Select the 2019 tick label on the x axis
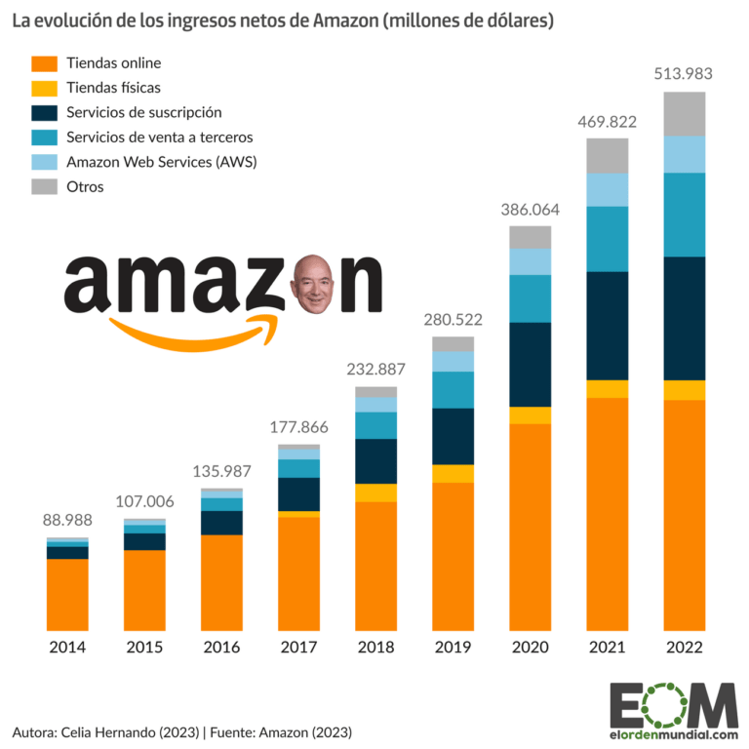(x=453, y=648)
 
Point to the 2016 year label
(x=221, y=648)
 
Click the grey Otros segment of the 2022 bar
(x=684, y=113)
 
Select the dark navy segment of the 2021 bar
(x=608, y=325)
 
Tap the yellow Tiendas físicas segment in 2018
(x=375, y=493)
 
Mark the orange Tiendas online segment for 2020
(x=531, y=527)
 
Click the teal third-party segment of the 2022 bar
(x=684, y=215)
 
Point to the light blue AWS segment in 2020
(x=531, y=261)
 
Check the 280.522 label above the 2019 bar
(x=453, y=320)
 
